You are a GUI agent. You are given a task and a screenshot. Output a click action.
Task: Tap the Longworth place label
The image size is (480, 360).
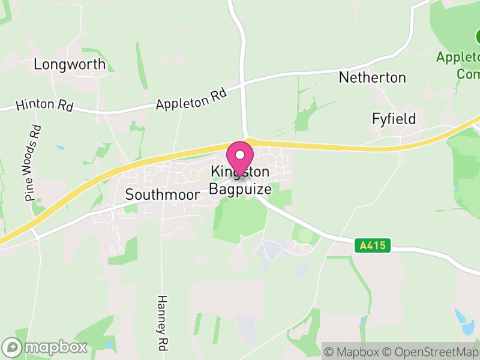70,64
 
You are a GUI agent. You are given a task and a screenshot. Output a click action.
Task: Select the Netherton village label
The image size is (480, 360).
372,77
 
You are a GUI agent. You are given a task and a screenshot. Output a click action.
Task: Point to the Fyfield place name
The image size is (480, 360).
394,119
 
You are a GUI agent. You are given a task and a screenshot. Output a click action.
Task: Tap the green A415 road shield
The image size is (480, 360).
373,245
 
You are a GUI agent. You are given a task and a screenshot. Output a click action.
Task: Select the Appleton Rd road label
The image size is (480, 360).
191,99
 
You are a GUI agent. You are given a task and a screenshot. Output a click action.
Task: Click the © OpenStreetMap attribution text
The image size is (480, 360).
431,352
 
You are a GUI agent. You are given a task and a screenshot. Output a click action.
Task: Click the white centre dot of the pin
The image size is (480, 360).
241,154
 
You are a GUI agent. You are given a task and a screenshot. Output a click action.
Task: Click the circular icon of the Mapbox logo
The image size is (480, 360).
12,347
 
